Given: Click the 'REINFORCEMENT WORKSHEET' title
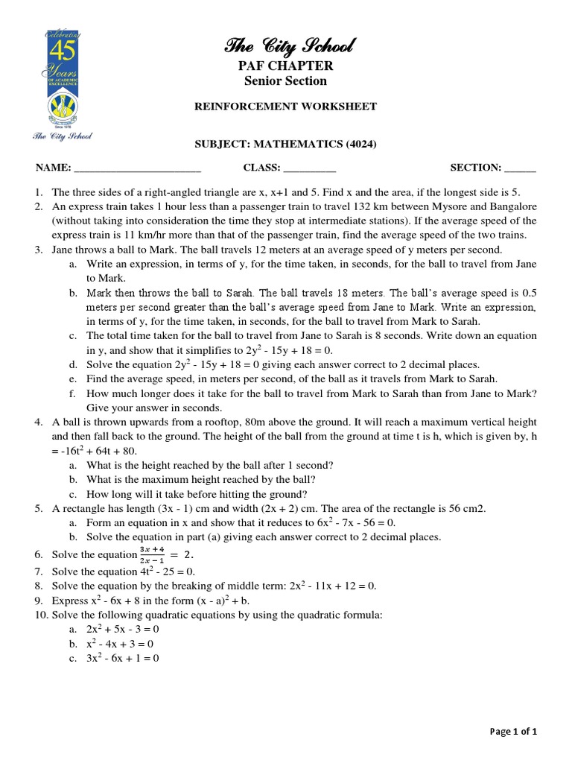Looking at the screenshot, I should click(x=285, y=107).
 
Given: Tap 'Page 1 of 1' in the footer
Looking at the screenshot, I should click(x=513, y=732).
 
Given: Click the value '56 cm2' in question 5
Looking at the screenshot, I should click(x=468, y=508).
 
